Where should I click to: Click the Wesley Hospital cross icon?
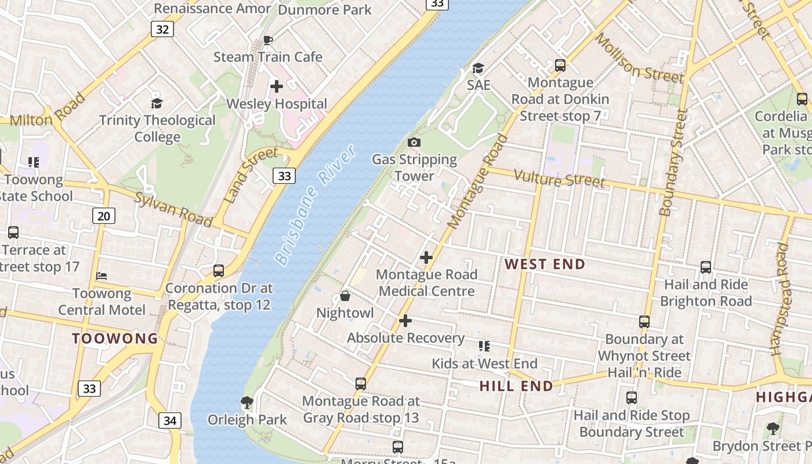pos(277,86)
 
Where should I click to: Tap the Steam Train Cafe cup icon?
pos(267,40)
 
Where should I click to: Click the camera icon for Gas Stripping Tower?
pos(414,142)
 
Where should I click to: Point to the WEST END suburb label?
pos(545,264)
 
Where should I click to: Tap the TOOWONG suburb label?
pos(115,339)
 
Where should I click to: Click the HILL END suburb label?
pos(516,386)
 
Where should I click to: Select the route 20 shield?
pos(104,216)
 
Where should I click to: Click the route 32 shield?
pos(162,29)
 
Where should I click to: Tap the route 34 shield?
pos(169,420)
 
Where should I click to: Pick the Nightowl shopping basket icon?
pos(345,296)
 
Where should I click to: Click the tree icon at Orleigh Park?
pos(247,402)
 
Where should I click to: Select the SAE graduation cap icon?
pos(478,68)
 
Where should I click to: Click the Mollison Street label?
pos(639,59)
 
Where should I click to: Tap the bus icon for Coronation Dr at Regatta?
pos(219,271)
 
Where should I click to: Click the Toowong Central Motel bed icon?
pos(101,275)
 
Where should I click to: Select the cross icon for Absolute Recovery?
pos(405,321)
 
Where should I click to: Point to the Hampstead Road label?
pos(781,299)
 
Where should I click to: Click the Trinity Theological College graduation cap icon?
pos(157,103)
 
